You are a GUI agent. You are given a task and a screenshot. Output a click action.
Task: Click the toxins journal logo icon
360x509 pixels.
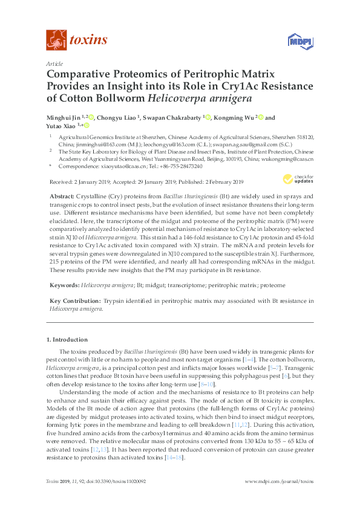coord(56,41)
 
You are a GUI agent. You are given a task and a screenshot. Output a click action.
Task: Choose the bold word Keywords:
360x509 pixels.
coord(64,284)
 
